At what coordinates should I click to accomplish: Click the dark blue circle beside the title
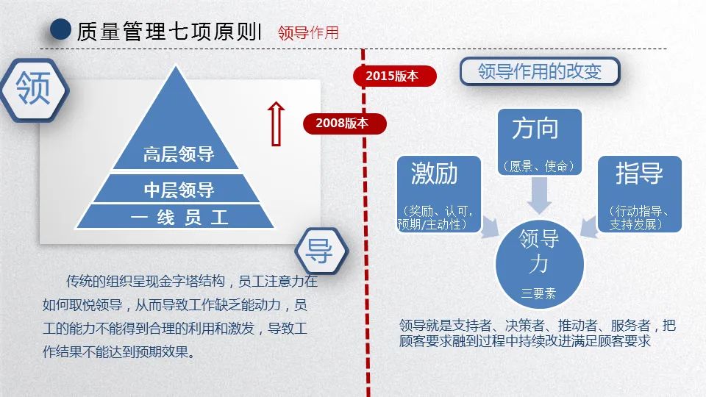(x=60, y=30)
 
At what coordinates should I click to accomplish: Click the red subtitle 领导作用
(x=308, y=32)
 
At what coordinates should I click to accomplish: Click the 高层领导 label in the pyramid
(x=179, y=154)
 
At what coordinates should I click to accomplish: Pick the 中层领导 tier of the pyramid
(x=179, y=190)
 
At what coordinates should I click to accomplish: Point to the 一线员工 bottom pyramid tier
(x=179, y=218)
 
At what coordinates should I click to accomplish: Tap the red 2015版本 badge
(x=392, y=76)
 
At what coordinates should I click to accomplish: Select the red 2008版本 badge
(x=342, y=124)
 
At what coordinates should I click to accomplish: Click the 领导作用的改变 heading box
(x=540, y=71)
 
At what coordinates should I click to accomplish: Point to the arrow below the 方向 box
(x=540, y=195)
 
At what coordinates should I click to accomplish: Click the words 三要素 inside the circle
(x=539, y=293)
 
